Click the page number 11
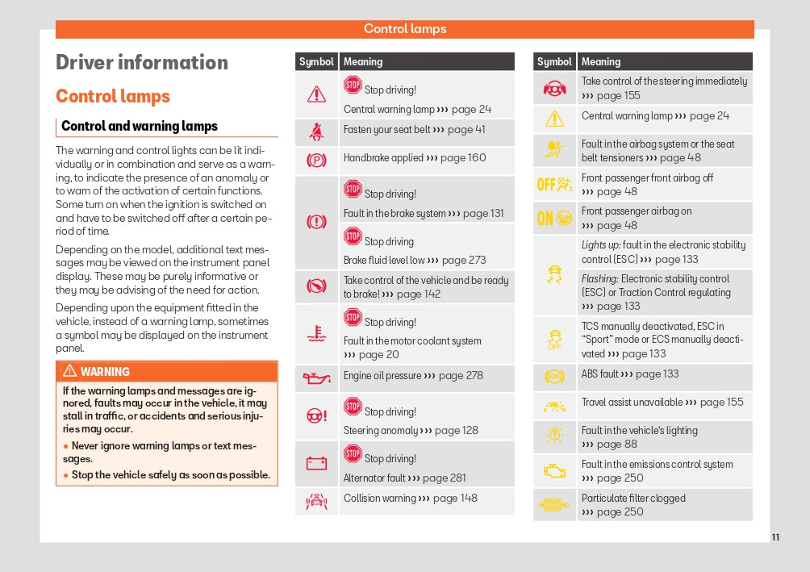(775, 537)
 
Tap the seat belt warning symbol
(316, 131)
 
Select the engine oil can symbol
(316, 377)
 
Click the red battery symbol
(316, 463)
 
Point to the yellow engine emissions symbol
(554, 470)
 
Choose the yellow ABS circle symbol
(554, 376)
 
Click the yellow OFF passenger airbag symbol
(554, 185)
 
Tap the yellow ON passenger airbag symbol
(554, 218)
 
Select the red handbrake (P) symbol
(316, 160)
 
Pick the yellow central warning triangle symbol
(554, 119)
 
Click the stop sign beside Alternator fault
(353, 454)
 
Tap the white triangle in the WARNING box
(69, 371)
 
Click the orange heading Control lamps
(113, 97)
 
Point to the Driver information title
(142, 63)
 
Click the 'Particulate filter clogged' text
(633, 498)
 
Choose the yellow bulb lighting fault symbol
(554, 436)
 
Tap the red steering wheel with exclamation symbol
(316, 416)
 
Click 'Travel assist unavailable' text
(632, 402)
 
